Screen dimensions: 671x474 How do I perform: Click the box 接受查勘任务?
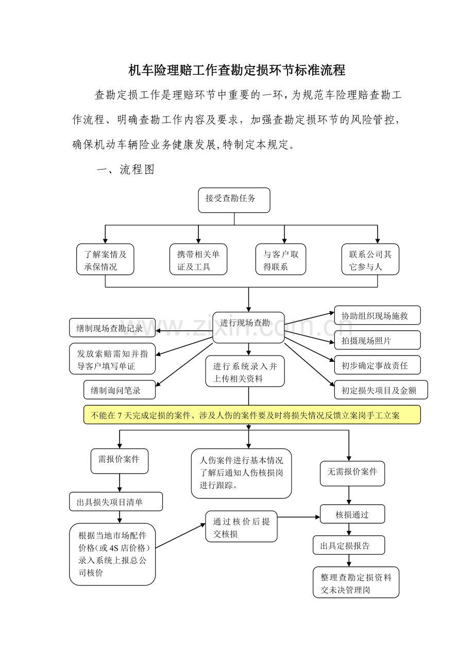[x=234, y=200]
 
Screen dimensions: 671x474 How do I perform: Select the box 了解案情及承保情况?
[x=105, y=259]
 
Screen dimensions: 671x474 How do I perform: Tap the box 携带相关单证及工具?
[x=198, y=259]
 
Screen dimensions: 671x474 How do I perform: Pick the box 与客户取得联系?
[x=281, y=259]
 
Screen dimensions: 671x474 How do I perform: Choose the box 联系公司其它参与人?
[x=370, y=259]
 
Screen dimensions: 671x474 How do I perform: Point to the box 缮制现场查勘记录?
[x=112, y=328]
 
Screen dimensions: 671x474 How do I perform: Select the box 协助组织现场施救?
[x=377, y=315]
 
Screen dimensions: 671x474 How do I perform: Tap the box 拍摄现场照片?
[x=377, y=340]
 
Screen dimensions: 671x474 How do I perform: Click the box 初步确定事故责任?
[x=377, y=365]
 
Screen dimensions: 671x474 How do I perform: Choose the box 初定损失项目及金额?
[x=381, y=390]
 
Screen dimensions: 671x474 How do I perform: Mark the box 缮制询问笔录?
[x=120, y=390]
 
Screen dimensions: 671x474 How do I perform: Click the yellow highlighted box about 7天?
[x=252, y=415]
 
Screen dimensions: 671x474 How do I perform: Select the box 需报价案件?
[x=120, y=461]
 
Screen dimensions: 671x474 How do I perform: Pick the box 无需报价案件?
[x=352, y=473]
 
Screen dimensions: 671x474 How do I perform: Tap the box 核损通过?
[x=352, y=514]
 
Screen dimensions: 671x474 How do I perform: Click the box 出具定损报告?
[x=349, y=545]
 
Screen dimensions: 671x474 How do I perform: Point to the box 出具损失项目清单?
[x=116, y=501]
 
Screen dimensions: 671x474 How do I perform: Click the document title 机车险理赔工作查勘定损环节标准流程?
[x=236, y=70]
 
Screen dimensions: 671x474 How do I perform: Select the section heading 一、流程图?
[x=126, y=170]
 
